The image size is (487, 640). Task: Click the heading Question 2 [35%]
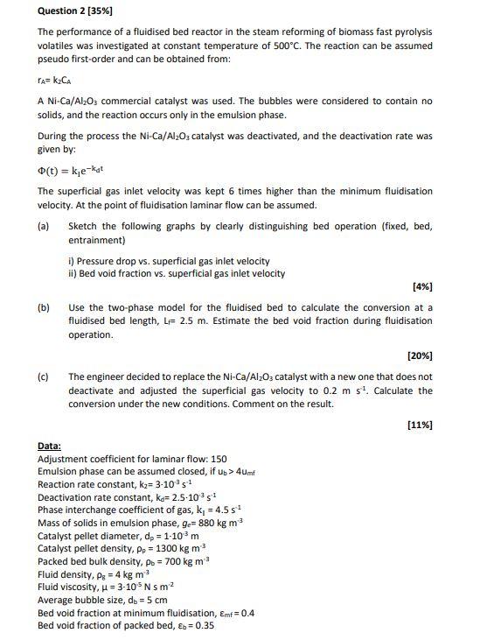(x=75, y=11)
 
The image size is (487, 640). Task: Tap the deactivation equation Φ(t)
(x=73, y=171)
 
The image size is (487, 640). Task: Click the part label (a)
(x=44, y=226)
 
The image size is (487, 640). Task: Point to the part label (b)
(x=44, y=307)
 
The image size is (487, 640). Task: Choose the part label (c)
(x=44, y=376)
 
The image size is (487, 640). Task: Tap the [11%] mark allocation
(x=419, y=425)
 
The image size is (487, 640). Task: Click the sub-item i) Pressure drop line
(x=169, y=261)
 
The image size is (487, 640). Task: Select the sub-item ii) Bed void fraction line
(x=176, y=273)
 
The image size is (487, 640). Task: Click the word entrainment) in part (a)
(x=96, y=240)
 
